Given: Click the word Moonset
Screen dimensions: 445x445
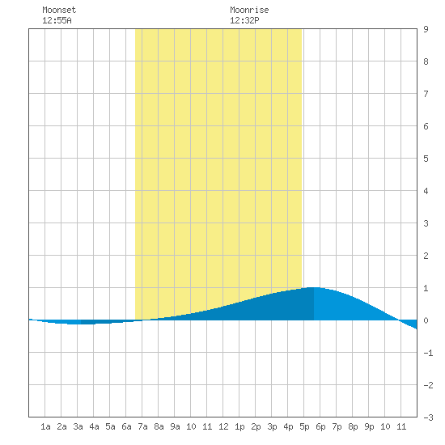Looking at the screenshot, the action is tap(59, 10).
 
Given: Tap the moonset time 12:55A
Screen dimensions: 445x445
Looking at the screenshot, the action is tap(57, 20).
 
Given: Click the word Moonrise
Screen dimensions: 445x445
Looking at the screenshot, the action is tap(249, 10).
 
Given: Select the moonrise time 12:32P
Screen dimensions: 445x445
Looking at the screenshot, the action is tap(244, 20).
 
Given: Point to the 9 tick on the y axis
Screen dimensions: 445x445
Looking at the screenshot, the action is tap(426, 29).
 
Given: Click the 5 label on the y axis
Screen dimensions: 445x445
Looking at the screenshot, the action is tap(426, 159).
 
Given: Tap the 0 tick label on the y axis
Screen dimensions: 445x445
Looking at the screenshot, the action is tap(426, 320).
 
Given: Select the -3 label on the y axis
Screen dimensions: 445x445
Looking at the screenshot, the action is tap(428, 417).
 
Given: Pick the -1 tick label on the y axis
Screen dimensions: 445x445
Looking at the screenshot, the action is tap(428, 353).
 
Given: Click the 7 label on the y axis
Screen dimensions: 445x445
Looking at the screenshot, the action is tap(426, 94).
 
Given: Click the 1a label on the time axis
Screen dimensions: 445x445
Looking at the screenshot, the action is tap(45, 426).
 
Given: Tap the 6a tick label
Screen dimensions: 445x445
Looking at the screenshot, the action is tap(126, 426).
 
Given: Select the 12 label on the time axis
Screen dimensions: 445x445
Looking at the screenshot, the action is tap(223, 426).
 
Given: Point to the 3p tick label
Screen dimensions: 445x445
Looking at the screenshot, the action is tap(272, 426).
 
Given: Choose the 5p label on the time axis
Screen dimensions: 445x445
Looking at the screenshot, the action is tap(304, 426).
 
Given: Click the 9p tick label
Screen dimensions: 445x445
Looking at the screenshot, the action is tap(369, 426).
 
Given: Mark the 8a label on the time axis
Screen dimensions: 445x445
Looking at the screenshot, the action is tap(159, 426).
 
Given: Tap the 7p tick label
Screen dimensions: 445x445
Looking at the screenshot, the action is tap(337, 426).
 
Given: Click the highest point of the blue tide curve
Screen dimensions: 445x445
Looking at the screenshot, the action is tap(314, 287).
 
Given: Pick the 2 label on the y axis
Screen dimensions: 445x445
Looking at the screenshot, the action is tap(426, 256).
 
